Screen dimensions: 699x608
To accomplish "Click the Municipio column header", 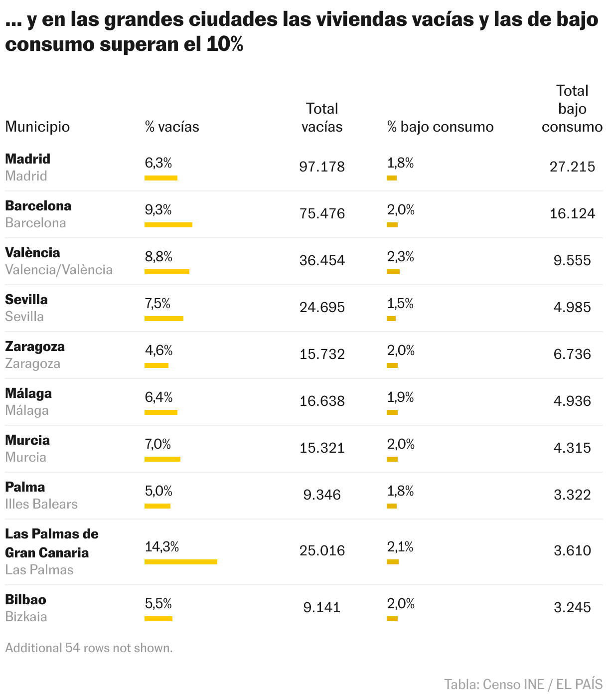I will [x=37, y=127].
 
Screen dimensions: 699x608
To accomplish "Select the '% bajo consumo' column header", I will [x=440, y=127].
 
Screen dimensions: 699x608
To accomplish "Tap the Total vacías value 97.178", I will [x=322, y=167].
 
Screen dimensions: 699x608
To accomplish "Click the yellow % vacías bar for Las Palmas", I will [x=181, y=562].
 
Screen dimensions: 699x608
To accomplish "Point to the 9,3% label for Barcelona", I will [x=158, y=210].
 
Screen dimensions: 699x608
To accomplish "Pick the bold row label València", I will [x=32, y=253].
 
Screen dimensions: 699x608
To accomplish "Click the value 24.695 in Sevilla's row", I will [x=322, y=307].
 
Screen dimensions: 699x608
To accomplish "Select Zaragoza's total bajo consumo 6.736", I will [x=572, y=354].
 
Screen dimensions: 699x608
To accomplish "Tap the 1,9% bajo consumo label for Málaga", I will [x=400, y=397].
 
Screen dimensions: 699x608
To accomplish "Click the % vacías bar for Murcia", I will [x=162, y=459].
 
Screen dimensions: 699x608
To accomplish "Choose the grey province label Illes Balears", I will [x=41, y=504].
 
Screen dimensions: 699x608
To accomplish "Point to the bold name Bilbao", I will [x=25, y=600].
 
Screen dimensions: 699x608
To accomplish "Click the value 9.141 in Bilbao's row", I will [x=322, y=607].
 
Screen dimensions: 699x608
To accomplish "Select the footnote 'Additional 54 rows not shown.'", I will [x=89, y=648].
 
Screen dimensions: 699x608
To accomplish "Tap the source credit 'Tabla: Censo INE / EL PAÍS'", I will [x=523, y=685].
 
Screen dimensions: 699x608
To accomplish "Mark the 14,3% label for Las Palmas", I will [x=161, y=547].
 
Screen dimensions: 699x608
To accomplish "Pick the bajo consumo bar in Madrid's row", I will [x=392, y=178].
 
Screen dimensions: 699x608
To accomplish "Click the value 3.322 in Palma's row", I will [x=572, y=495].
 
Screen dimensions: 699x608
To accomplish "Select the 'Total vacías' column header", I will [x=322, y=118].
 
